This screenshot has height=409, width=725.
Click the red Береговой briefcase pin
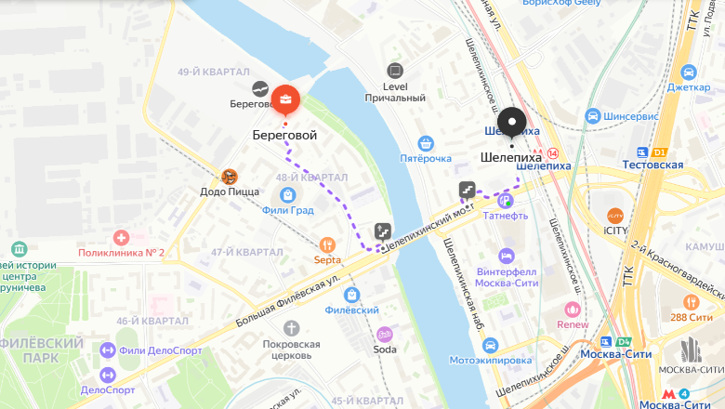(x=285, y=99)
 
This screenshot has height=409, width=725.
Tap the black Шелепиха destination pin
(x=511, y=123)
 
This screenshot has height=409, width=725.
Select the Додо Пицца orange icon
(x=230, y=175)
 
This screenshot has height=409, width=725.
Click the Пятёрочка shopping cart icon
(x=426, y=143)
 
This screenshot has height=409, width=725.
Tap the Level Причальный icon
(x=396, y=70)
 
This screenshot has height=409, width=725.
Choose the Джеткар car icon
(x=688, y=73)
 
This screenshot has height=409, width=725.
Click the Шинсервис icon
(x=592, y=116)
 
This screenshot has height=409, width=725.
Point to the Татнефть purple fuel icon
(x=505, y=200)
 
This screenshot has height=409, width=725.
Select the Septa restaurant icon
(x=326, y=244)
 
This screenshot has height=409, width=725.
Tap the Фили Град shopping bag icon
(x=287, y=195)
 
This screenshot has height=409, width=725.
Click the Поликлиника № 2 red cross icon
(x=121, y=238)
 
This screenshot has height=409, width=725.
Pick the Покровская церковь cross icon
(x=292, y=328)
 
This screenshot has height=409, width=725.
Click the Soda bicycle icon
(x=384, y=334)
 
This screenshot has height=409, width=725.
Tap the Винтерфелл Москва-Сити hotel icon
(x=507, y=255)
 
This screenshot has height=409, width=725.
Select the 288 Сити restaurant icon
(x=691, y=302)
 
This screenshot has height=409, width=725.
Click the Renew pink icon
(x=573, y=309)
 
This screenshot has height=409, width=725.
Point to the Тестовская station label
(x=653, y=165)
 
